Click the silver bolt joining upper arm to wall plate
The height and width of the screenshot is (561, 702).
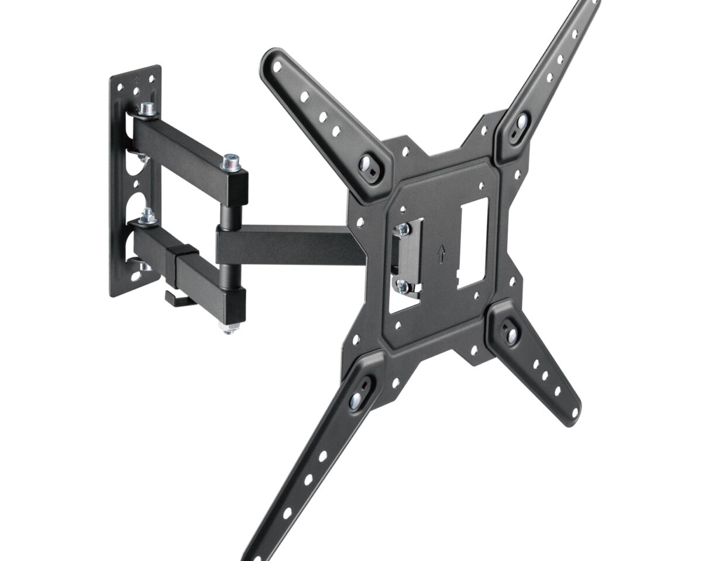click(x=147, y=109)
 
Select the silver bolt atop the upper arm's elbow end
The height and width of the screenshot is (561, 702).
click(x=232, y=160)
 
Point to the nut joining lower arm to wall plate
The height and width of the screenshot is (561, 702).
click(x=146, y=216)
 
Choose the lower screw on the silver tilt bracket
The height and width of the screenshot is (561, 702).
click(x=402, y=286)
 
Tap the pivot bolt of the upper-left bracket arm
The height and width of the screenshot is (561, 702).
click(x=367, y=164)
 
